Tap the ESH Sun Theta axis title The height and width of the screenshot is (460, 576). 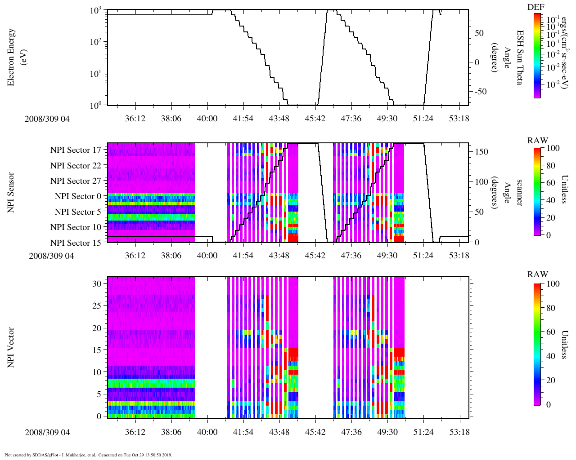coord(520,57)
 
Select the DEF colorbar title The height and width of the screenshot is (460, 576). coord(536,7)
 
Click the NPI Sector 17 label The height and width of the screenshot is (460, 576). coord(76,150)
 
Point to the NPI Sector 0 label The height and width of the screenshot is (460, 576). coord(78,196)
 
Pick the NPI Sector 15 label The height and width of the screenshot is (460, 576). coord(76,243)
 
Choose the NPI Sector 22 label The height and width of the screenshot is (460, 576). coord(76,166)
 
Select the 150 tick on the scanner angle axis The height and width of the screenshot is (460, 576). coord(482,152)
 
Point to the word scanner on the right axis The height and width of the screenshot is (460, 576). coord(520,193)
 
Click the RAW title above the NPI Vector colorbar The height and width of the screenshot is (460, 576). coord(538,274)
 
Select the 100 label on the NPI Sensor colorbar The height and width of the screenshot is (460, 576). coord(553,148)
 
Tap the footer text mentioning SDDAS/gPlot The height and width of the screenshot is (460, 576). coord(88,455)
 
